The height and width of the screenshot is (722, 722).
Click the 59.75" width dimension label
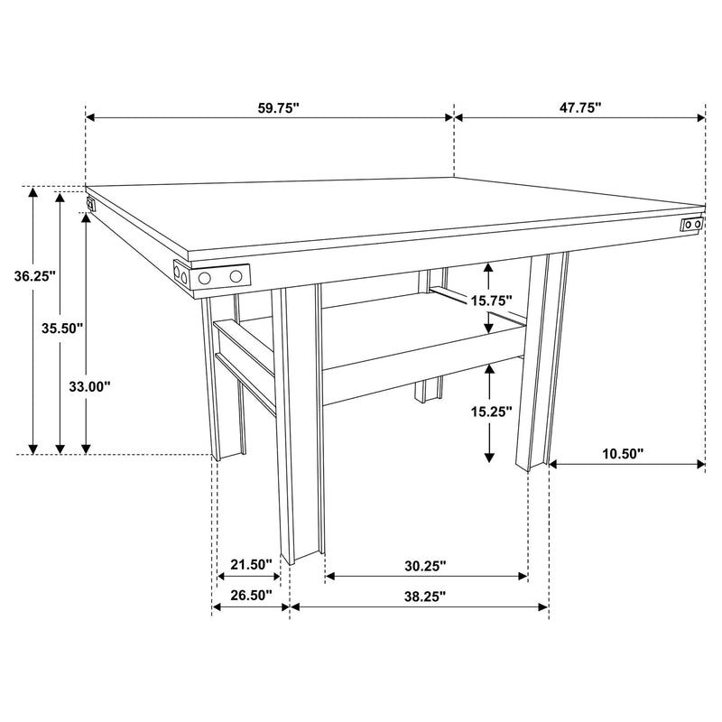coord(278,107)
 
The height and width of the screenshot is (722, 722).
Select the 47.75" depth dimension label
coord(579,107)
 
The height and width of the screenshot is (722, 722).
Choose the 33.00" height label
coord(89,386)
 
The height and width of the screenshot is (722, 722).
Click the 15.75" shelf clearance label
coord(491,300)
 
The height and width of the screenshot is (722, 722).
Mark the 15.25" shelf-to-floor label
coord(491,411)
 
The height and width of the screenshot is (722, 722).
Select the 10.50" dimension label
coord(623,454)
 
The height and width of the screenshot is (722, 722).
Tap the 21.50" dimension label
coord(250,565)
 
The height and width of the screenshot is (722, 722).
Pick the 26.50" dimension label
coord(250,596)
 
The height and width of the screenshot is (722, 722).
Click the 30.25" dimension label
coord(424,566)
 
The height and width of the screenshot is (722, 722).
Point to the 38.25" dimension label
coord(424,596)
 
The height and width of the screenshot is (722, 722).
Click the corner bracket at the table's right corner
coord(692,223)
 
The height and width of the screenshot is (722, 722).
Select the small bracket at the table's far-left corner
coord(90,203)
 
